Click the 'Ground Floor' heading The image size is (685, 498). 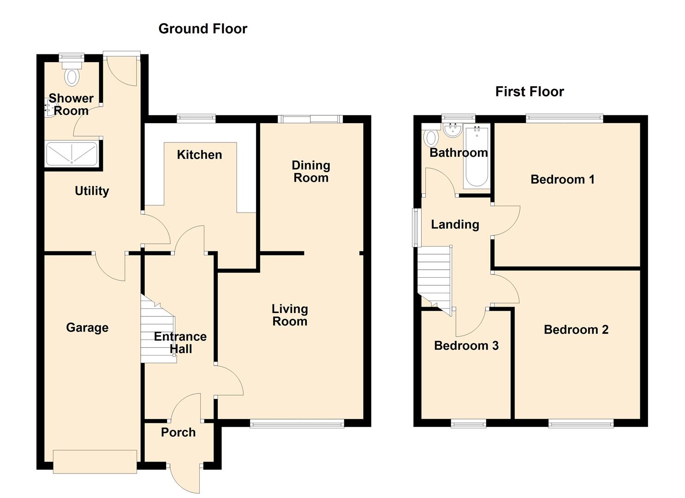coord(203,29)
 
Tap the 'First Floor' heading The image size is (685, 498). coord(529,91)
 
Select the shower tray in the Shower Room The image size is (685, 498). coord(71,154)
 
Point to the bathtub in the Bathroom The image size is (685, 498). coord(477,157)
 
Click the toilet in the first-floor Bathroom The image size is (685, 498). coord(431,137)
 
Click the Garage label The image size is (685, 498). coord(87,327)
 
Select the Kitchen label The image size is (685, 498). coord(199,154)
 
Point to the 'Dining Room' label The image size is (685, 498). coord(311,171)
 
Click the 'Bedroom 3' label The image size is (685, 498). coord(466,345)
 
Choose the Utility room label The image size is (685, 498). coord(92,190)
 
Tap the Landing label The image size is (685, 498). coord(455,225)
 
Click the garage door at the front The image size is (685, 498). coord(95,461)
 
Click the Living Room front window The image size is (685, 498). coord(297,423)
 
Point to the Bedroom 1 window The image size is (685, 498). coord(564,118)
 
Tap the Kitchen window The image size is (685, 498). coord(196,119)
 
